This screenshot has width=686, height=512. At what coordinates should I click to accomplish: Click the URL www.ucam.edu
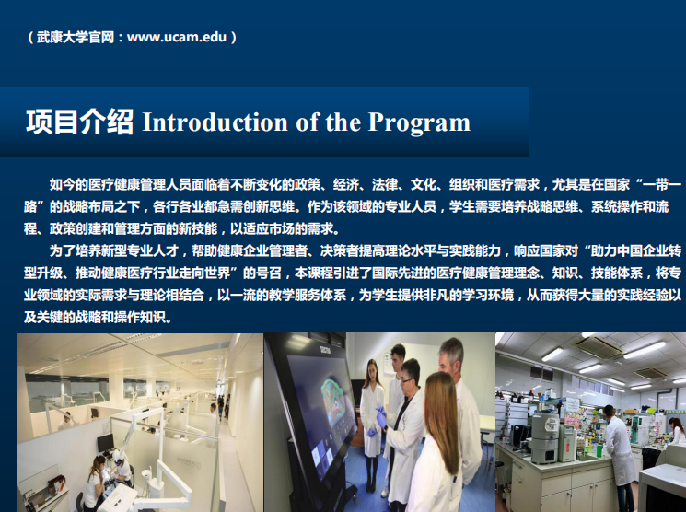coord(177,37)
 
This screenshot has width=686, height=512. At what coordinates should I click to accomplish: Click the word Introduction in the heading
coord(215,122)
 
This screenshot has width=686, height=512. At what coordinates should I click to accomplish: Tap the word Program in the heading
coord(419,122)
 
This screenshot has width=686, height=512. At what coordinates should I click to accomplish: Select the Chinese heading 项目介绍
coord(79,122)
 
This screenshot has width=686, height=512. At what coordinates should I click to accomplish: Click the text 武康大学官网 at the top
coord(76,37)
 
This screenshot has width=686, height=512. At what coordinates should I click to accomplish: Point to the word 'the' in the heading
coord(343,122)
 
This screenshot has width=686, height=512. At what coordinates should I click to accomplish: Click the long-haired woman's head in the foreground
coord(440,405)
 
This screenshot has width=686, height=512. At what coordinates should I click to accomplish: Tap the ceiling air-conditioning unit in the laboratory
coord(599,347)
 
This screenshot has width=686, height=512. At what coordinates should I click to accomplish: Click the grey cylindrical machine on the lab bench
coord(545,436)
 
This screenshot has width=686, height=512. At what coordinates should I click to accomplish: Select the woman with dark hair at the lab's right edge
coord(677,431)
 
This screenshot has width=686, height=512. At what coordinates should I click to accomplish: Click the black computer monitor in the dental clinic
coord(105,443)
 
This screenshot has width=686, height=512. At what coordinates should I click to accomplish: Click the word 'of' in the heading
coord(307,122)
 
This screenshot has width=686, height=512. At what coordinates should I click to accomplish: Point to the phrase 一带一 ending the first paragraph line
coord(662,184)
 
